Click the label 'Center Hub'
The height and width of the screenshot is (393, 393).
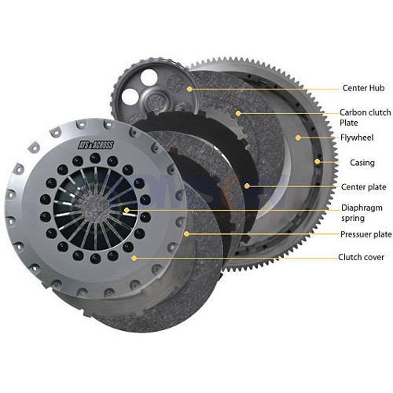pos(362,89)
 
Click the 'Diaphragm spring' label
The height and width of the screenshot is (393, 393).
pos(362,213)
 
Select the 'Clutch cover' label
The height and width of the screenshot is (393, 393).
pos(361,257)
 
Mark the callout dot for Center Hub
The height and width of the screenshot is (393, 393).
pos(189,90)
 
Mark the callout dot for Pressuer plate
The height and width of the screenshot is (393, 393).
pos(185,234)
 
